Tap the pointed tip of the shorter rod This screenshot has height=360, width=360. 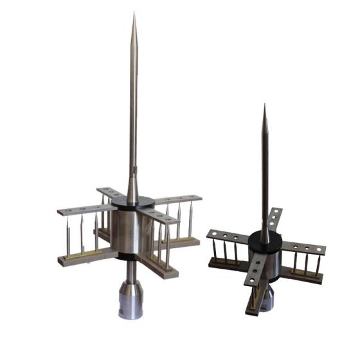tap(264, 106)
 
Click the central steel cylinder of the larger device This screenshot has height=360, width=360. tap(132, 231)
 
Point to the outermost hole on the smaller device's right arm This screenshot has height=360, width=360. tap(317, 249)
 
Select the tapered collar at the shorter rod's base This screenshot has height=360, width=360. tap(264, 219)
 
